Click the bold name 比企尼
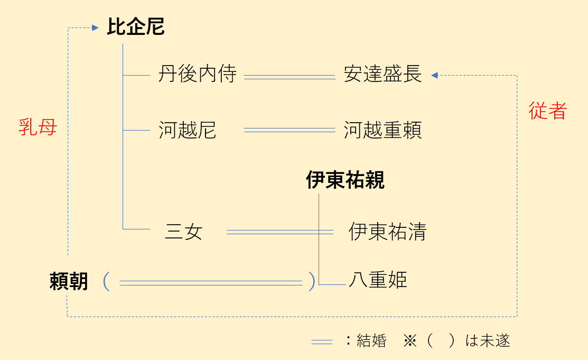[x=136, y=27]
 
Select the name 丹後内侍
[x=198, y=75]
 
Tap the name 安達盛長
[x=383, y=75]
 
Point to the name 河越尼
[x=188, y=130]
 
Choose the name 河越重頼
[x=383, y=130]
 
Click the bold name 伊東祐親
[x=345, y=180]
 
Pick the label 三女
[x=184, y=232]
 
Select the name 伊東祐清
[x=387, y=232]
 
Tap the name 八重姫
[x=378, y=280]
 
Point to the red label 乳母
[x=38, y=127]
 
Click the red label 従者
[x=548, y=111]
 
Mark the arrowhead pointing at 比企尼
[x=96, y=27]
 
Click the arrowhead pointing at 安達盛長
[x=434, y=76]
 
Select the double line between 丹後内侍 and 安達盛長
[x=290, y=77]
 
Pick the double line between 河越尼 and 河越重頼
[x=290, y=130]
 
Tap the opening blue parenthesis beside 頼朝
[x=106, y=282]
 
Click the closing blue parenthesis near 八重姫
[x=311, y=282]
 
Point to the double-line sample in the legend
[x=321, y=342]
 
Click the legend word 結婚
[x=371, y=341]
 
